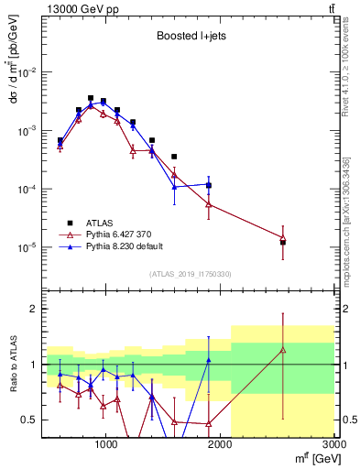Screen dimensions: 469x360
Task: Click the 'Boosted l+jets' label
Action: pyautogui.click(x=187, y=37)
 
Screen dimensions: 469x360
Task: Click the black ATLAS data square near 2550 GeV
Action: pyautogui.click(x=283, y=243)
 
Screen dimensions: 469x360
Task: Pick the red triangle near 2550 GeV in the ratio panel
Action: pyautogui.click(x=283, y=349)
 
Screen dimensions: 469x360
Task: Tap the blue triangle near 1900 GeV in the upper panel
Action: pyautogui.click(x=209, y=185)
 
